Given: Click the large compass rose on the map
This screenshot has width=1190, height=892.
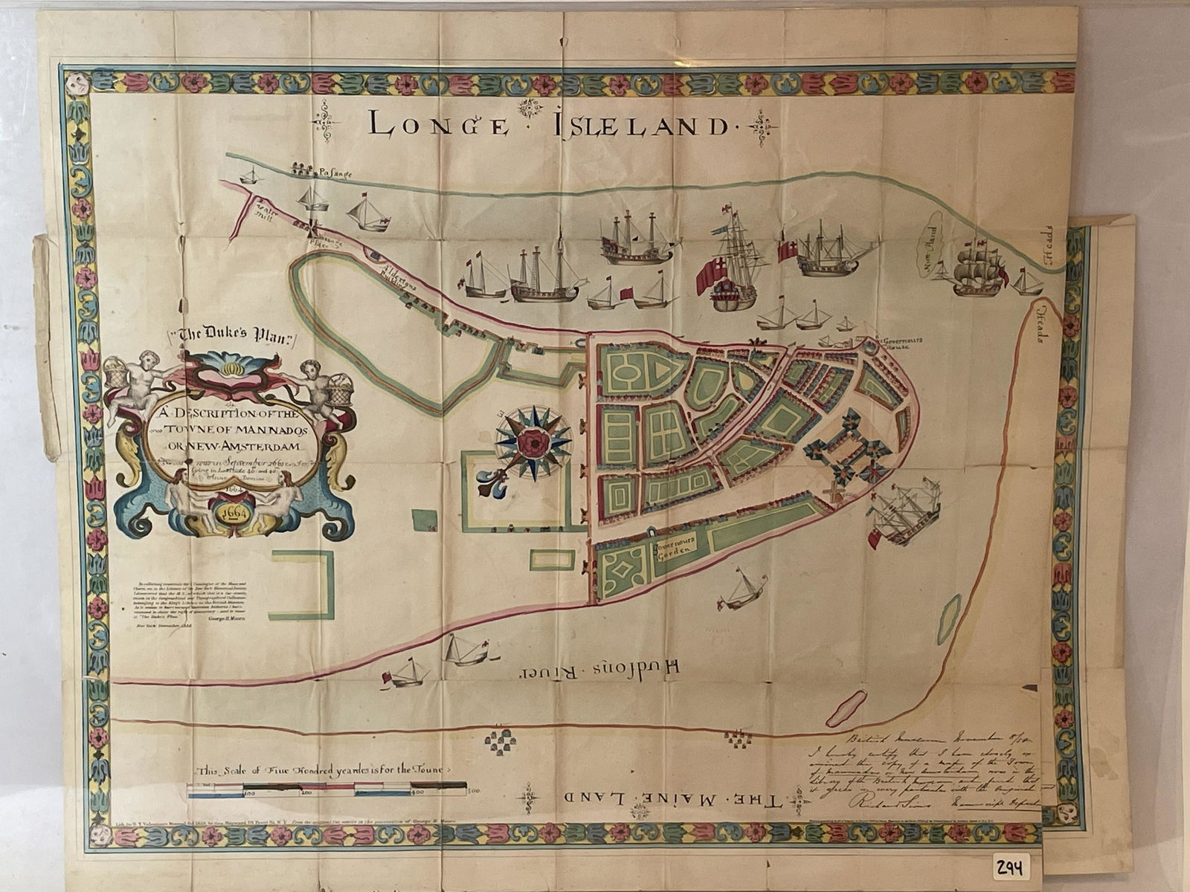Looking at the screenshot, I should tap(533, 442).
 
